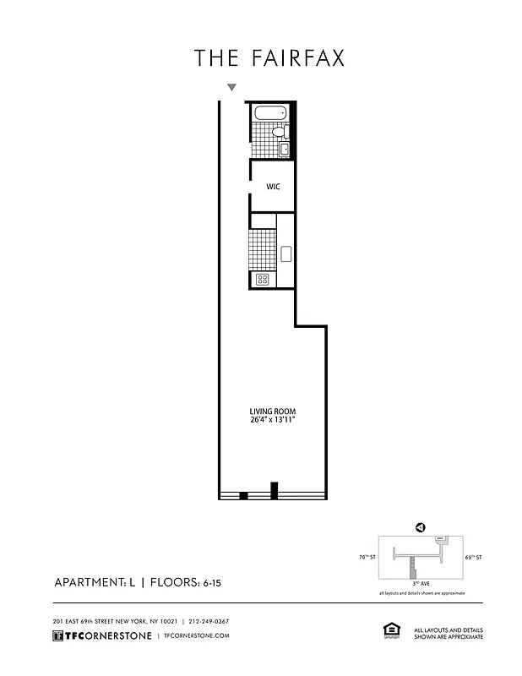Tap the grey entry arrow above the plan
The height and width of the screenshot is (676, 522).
tap(231, 87)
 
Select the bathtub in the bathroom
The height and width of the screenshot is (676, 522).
tap(269, 113)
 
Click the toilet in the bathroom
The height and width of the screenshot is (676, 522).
tap(285, 131)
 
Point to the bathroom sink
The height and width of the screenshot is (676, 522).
tap(285, 150)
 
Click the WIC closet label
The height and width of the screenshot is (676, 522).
tap(274, 187)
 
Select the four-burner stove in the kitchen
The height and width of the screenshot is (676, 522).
tap(262, 279)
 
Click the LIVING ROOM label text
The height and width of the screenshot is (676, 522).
tap(271, 411)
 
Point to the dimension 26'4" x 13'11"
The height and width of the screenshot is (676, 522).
tap(271, 420)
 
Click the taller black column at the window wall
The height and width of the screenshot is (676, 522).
tap(274, 489)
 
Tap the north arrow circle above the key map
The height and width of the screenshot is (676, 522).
tap(420, 527)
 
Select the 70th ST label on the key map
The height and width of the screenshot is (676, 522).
tap(366, 558)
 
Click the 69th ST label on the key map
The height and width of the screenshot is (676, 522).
tap(473, 558)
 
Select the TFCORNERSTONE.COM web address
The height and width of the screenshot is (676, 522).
tap(196, 635)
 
